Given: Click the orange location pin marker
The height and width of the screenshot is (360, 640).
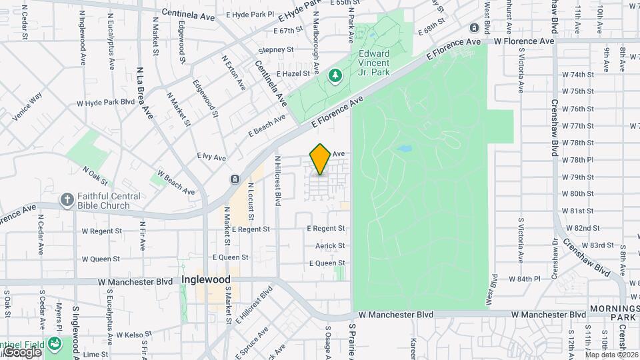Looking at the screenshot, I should pyautogui.click(x=320, y=159).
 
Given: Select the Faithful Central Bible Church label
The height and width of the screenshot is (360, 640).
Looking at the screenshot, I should pyautogui.click(x=108, y=201).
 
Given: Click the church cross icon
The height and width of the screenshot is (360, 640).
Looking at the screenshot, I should pyautogui.click(x=67, y=199).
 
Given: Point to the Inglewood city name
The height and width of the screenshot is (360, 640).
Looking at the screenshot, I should pyautogui.click(x=206, y=280).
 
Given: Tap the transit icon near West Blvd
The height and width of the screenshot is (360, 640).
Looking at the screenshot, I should pyautogui.click(x=474, y=27).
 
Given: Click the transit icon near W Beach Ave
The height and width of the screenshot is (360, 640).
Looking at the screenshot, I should pyautogui.click(x=235, y=179).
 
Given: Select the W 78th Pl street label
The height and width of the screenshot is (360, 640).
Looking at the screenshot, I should pyautogui.click(x=577, y=160).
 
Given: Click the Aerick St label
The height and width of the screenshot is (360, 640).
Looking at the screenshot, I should pyautogui.click(x=331, y=246).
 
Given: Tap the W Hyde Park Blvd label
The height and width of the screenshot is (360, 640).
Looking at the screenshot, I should pyautogui.click(x=105, y=103).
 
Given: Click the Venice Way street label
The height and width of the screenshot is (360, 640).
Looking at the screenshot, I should pyautogui.click(x=27, y=107).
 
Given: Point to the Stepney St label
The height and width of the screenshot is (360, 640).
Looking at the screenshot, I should pyautogui.click(x=276, y=49).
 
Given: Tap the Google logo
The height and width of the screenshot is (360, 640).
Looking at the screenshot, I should pyautogui.click(x=22, y=351).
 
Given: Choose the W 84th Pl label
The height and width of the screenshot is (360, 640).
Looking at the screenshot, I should pyautogui.click(x=523, y=279).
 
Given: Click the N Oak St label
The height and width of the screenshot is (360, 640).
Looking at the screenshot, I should pyautogui.click(x=95, y=175).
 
